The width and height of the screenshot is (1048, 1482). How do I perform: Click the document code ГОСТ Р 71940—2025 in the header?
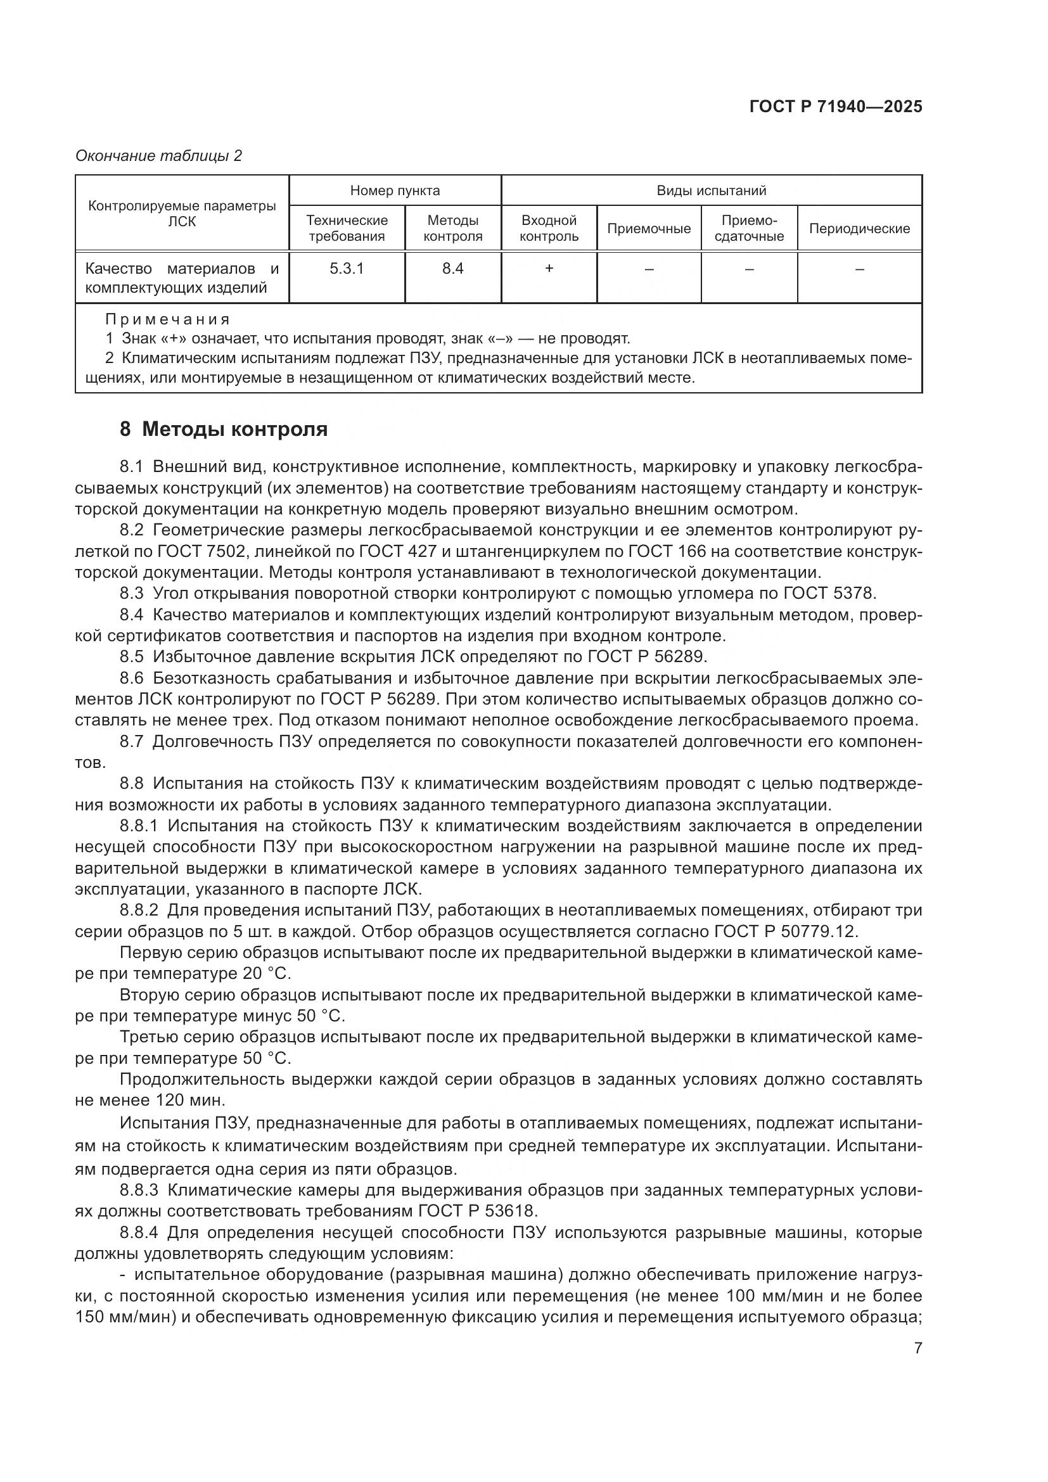(836, 107)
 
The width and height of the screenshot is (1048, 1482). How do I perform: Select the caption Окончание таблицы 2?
(158, 156)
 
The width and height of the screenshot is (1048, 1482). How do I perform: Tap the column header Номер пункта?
(394, 191)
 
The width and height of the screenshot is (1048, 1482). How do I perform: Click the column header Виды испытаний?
(711, 191)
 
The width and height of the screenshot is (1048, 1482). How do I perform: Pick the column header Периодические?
(859, 229)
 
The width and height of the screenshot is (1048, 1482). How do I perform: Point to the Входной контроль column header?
(549, 229)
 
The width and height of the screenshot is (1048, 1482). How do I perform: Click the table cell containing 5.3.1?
(347, 269)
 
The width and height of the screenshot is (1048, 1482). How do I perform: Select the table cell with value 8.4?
(452, 269)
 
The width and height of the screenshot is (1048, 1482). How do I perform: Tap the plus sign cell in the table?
(549, 269)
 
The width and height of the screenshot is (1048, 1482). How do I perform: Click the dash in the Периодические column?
(859, 269)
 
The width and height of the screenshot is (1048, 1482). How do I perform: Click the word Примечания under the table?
(167, 319)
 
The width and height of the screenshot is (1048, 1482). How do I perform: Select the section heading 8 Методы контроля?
(223, 429)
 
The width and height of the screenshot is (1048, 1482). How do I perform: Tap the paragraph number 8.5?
(132, 657)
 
